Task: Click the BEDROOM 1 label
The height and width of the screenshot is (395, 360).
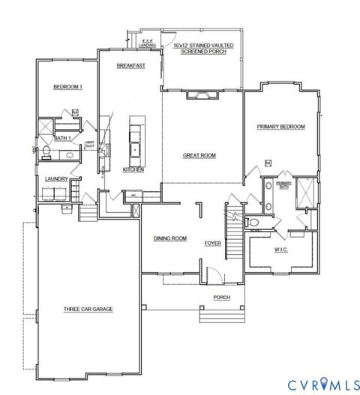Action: [x=65, y=88]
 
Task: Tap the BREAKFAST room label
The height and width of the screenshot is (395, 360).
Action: [x=130, y=66]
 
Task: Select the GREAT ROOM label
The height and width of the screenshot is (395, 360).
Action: [x=199, y=156]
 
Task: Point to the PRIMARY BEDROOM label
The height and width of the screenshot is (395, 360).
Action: [x=280, y=127]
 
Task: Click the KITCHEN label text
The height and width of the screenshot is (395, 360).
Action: [x=133, y=170]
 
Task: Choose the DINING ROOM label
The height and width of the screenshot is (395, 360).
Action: [x=169, y=238]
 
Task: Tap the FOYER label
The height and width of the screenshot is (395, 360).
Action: [x=213, y=244]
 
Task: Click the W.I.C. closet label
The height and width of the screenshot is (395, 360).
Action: [x=280, y=249]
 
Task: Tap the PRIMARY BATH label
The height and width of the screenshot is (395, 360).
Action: [x=283, y=184]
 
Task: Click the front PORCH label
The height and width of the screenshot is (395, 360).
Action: [x=221, y=297]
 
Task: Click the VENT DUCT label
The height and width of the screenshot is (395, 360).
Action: [x=88, y=144]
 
